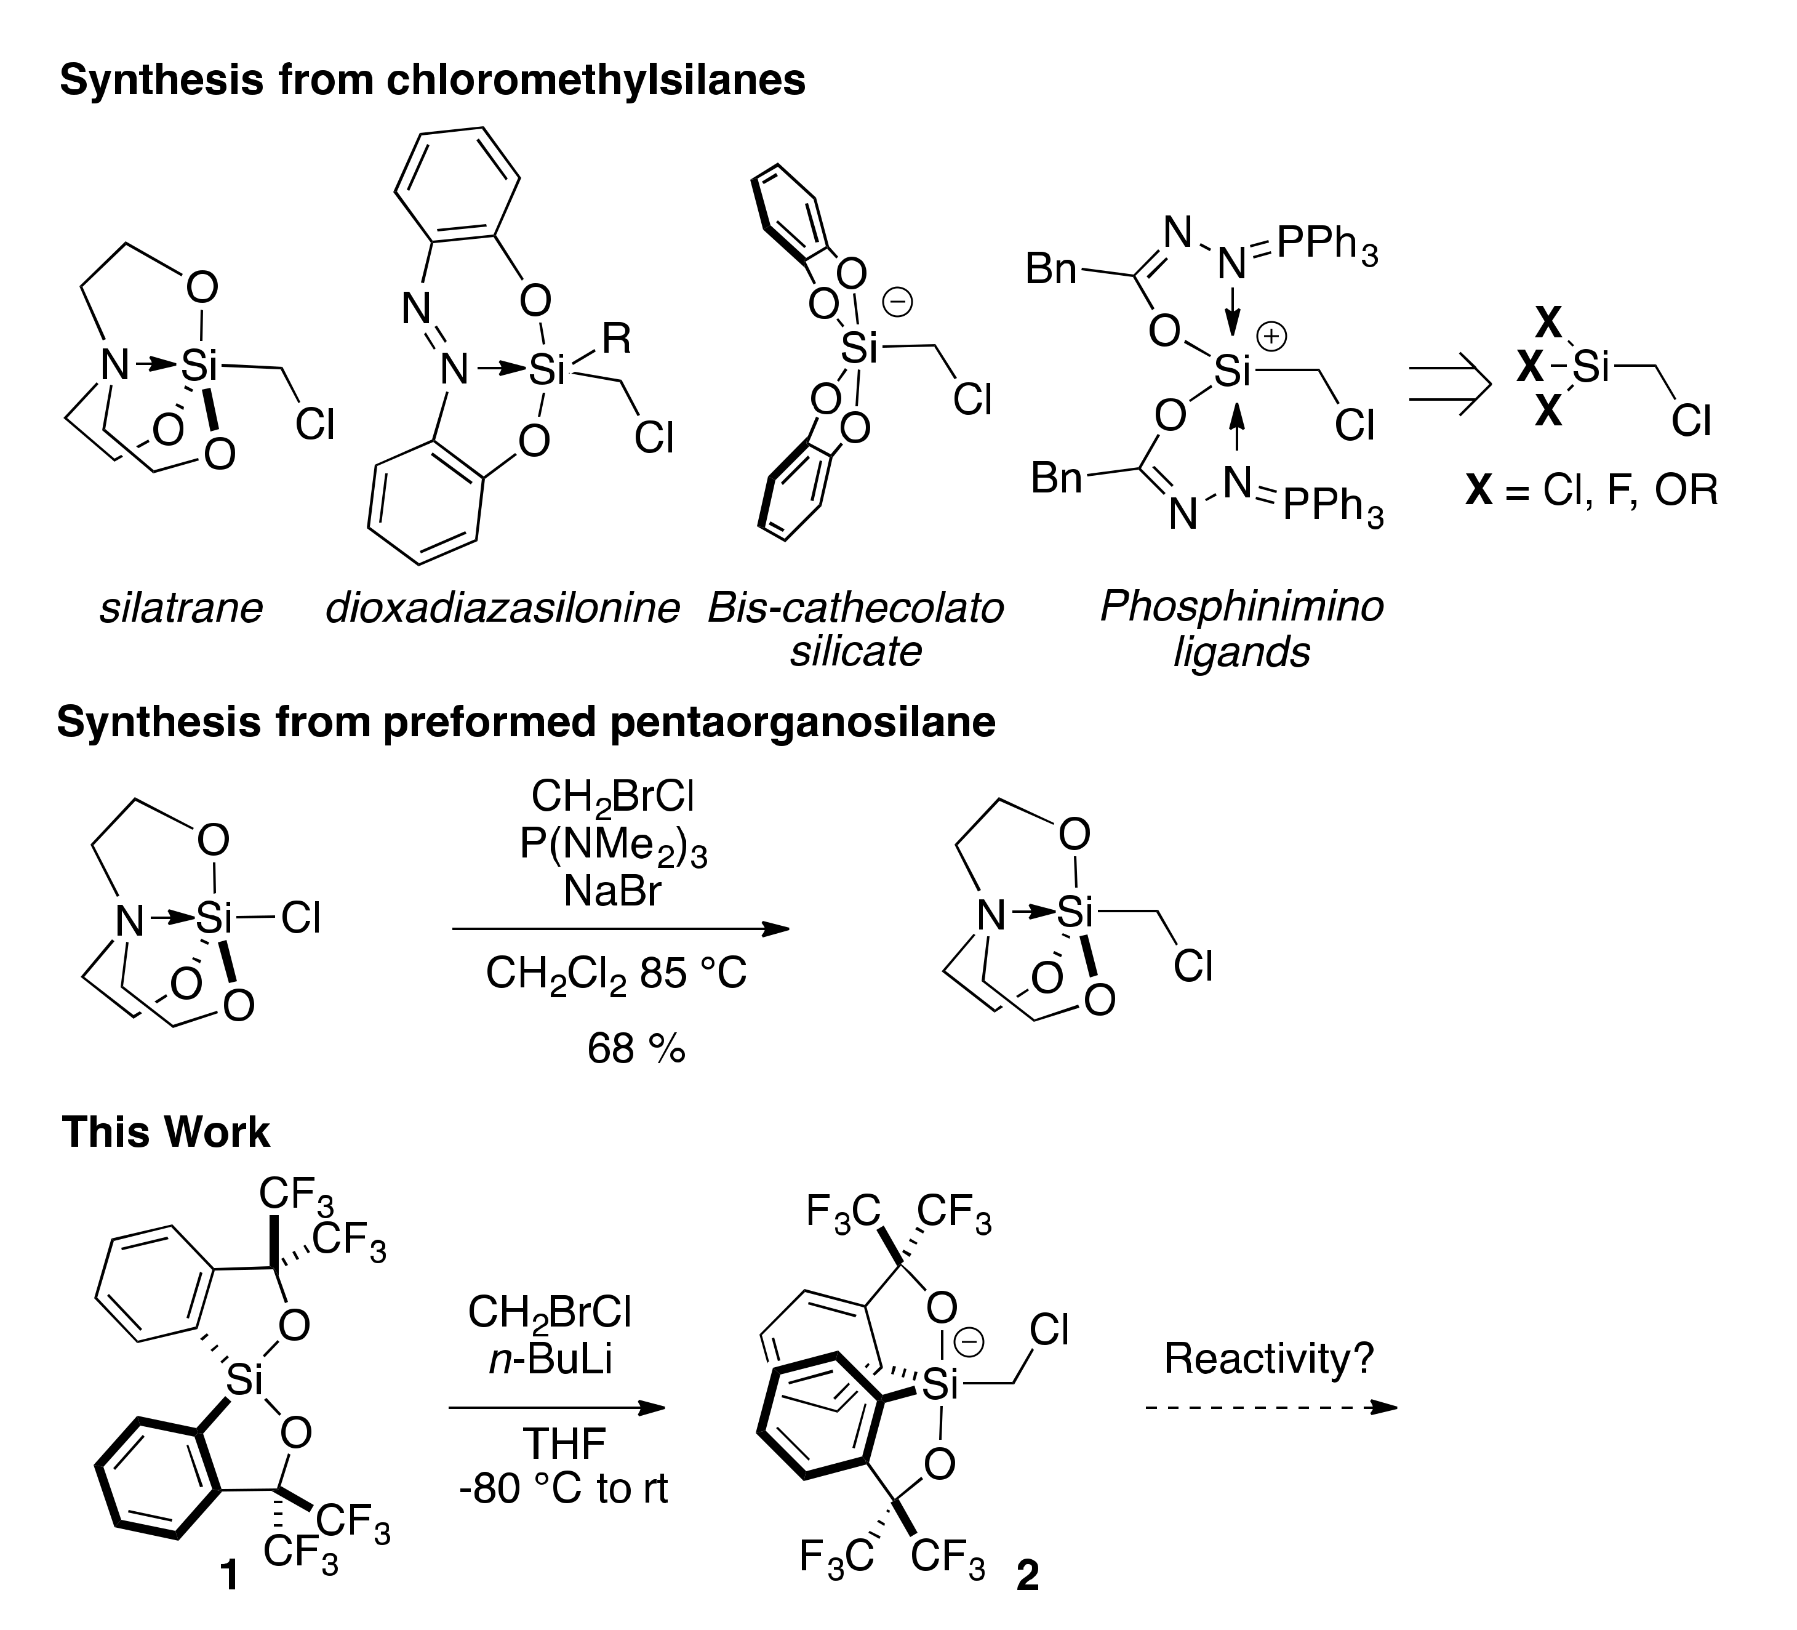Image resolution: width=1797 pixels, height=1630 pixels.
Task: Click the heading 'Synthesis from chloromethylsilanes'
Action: tap(432, 80)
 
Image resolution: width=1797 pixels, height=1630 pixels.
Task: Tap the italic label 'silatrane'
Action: tap(181, 609)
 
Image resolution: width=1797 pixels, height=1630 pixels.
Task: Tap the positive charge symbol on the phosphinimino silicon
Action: tap(1271, 336)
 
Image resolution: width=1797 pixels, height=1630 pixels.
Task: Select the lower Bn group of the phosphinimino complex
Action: tap(1056, 478)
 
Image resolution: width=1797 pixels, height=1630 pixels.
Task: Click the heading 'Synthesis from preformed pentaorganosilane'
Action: tap(526, 722)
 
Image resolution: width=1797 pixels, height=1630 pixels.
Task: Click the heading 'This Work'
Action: tap(166, 1133)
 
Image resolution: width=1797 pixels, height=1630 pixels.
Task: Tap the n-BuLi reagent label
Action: tap(550, 1360)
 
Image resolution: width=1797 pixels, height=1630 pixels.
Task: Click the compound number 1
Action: tap(229, 1576)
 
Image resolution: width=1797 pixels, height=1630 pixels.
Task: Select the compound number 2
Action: tap(1027, 1576)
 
